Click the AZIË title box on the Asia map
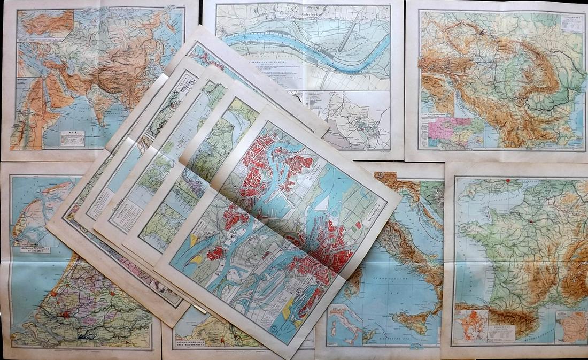pyautogui.click(x=72, y=138)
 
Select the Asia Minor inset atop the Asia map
pyautogui.click(x=45, y=24)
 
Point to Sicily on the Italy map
pyautogui.click(x=414, y=321)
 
